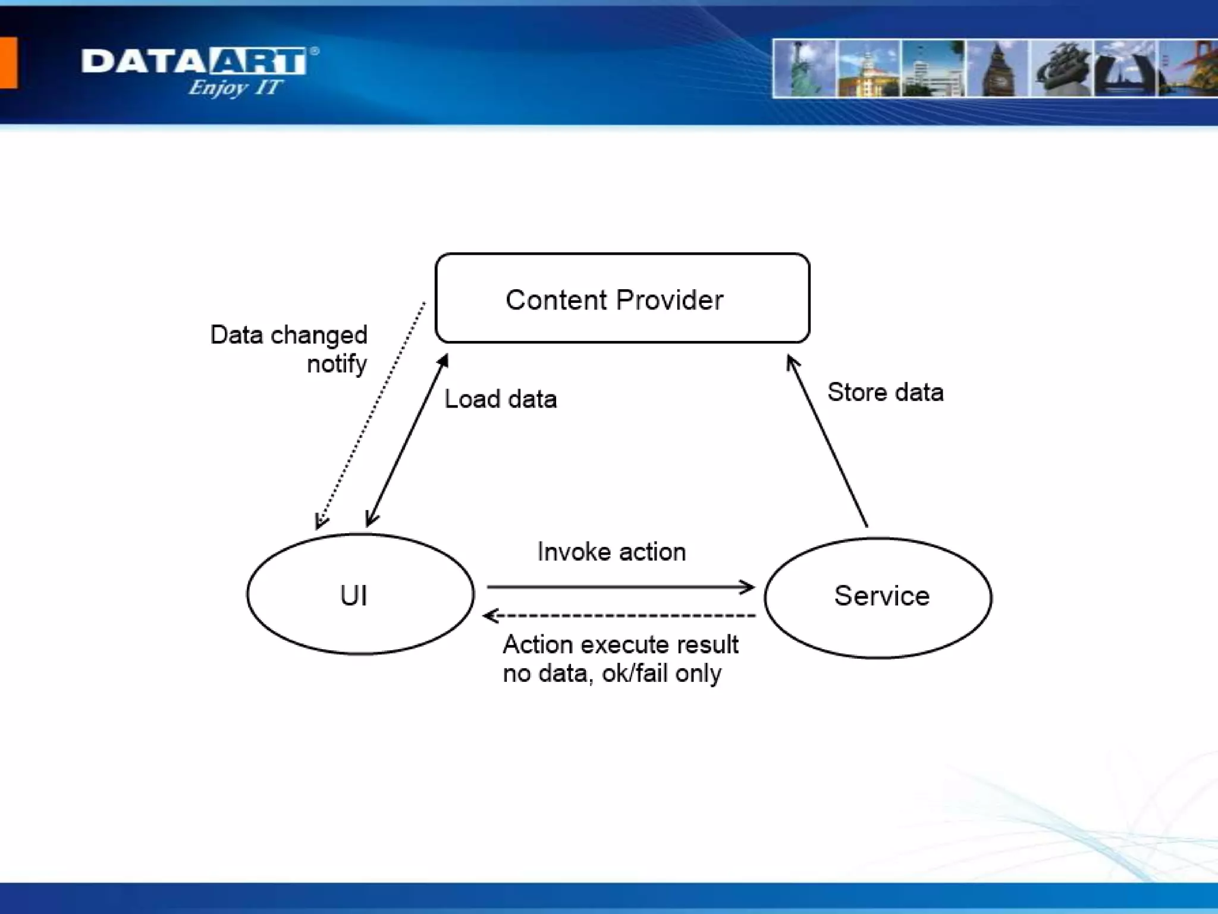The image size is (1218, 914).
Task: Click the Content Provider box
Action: pos(622,298)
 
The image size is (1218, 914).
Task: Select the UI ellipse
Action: pos(360,594)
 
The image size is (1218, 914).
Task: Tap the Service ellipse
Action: pos(878,597)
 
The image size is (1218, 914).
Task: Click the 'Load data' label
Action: pos(501,399)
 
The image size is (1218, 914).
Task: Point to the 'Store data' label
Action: pos(885,393)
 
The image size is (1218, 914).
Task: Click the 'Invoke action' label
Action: pos(611,552)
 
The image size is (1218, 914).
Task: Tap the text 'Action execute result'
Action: pos(620,644)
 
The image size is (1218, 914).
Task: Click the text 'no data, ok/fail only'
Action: pos(612,674)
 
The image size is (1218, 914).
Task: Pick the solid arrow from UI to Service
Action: pos(620,587)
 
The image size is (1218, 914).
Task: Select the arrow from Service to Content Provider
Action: pos(827,441)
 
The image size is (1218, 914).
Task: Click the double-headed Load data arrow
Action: pos(407,441)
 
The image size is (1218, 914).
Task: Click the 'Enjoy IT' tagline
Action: pos(234,88)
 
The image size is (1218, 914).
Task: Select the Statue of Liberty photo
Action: pos(805,68)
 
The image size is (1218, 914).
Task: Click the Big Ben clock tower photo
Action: pos(998,68)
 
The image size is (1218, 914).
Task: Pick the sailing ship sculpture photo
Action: pos(1062,68)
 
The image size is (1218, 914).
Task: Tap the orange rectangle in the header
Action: pos(8,62)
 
